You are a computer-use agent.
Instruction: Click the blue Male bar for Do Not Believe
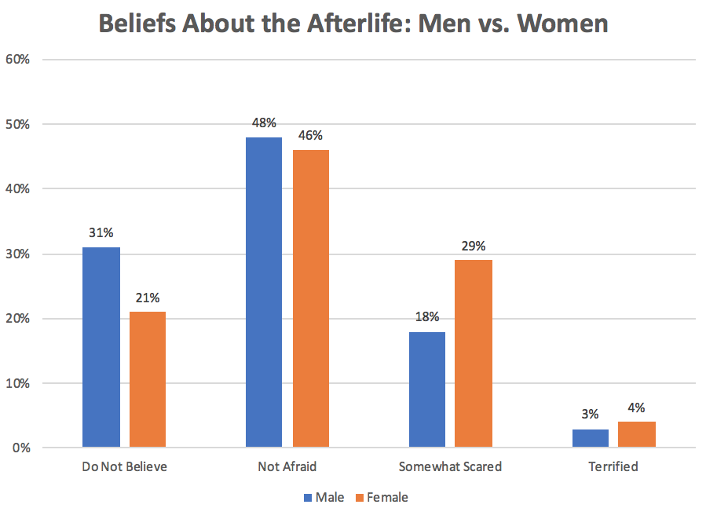pos(101,348)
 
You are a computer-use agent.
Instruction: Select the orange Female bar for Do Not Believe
pos(148,380)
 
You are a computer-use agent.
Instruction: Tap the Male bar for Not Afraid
pos(264,293)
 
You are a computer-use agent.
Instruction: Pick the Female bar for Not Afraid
pos(311,299)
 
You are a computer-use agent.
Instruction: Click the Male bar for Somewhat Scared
pos(427,390)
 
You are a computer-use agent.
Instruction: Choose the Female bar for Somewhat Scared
pos(474,354)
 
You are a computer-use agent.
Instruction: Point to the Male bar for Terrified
pos(591,439)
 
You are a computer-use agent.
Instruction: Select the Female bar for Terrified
pos(637,435)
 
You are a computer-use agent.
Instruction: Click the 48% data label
pos(264,122)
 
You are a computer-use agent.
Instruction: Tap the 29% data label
pos(474,246)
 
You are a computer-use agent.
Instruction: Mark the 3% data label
pos(591,414)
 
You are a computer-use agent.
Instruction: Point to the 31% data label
pos(101,233)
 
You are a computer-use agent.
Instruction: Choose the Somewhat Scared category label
pos(450,466)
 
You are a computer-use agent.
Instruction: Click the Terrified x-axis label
pos(613,466)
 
